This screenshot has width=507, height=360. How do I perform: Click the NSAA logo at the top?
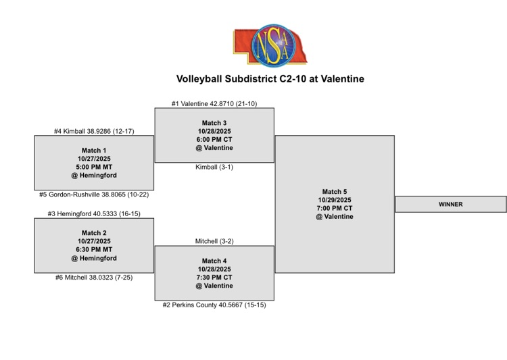[x=270, y=45]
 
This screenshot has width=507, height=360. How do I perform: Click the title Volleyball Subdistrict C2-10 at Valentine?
[x=270, y=79]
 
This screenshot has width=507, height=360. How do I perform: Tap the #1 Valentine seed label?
[x=214, y=104]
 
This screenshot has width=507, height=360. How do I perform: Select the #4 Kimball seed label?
[x=94, y=131]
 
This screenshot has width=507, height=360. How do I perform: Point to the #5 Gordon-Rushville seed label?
[x=94, y=194]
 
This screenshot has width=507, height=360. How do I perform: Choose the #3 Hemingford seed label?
[x=94, y=213]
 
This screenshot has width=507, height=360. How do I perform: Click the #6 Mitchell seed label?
[x=94, y=277]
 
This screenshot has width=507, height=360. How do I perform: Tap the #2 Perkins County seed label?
[x=214, y=305]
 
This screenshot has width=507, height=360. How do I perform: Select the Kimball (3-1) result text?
[x=214, y=167]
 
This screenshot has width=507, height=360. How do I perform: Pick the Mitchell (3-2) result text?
[x=214, y=241]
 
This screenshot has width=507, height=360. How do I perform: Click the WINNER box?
[x=451, y=204]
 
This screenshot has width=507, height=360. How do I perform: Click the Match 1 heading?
[x=94, y=151]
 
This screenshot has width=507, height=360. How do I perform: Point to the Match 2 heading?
[x=94, y=233]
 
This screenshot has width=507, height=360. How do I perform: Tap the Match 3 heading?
[x=214, y=123]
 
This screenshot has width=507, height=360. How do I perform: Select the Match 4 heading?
[x=214, y=261]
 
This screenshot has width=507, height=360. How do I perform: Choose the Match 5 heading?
[x=335, y=192]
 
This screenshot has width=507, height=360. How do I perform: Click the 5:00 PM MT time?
[x=94, y=167]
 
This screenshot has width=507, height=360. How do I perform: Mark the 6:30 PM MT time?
[x=94, y=250]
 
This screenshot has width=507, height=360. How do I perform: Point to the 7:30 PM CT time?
[x=214, y=277]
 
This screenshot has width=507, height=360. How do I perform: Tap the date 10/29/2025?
[x=335, y=200]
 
